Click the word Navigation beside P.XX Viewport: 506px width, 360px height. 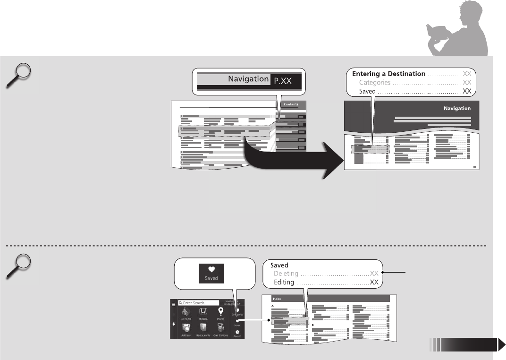click(x=248, y=79)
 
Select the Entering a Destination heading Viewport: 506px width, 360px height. click(x=388, y=74)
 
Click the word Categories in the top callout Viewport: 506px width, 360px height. click(x=374, y=83)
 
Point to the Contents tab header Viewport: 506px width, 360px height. click(x=290, y=104)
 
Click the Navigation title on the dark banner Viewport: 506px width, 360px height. click(x=457, y=108)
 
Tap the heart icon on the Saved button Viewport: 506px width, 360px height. click(x=211, y=269)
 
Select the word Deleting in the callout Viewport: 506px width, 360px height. click(x=286, y=274)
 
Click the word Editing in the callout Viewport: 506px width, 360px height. click(x=284, y=283)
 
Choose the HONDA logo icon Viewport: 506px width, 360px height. click(x=203, y=312)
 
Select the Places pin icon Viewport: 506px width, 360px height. click(x=220, y=312)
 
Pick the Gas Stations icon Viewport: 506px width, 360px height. click(x=220, y=328)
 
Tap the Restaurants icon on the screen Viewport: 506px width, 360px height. click(x=203, y=328)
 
